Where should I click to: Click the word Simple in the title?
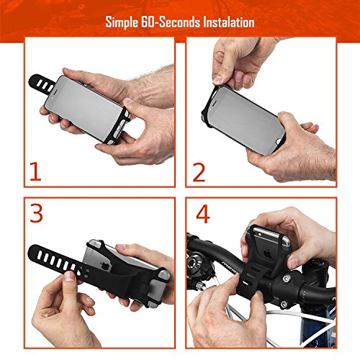(122, 22)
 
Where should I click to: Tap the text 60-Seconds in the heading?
(171, 22)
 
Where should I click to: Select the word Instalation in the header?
(229, 22)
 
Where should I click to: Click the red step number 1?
(35, 171)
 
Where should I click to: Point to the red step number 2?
(199, 172)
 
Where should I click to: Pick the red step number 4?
(203, 214)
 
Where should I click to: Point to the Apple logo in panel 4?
(268, 253)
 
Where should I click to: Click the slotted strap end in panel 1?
(42, 84)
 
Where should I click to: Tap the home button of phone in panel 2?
(279, 142)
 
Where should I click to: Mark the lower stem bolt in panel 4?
(284, 305)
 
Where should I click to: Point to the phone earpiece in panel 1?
(54, 91)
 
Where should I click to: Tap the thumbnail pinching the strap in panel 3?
(70, 276)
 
